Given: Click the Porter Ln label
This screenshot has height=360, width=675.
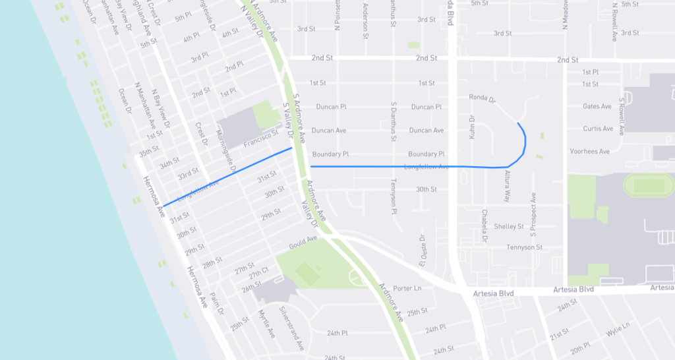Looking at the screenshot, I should point(407,288).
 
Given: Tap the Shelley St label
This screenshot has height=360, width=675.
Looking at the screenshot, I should point(509,226).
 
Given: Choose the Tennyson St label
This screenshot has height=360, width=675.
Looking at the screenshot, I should point(524,247).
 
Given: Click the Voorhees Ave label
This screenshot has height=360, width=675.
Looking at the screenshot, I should point(589,152).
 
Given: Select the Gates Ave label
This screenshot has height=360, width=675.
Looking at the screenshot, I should point(597,106).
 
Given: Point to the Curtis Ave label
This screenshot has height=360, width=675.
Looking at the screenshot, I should point(598,129).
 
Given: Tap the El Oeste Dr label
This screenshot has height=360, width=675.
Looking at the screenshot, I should point(422,248).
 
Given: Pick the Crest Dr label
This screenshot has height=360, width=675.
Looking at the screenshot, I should point(201,133).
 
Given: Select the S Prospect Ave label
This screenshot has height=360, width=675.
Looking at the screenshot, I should point(533,215).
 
